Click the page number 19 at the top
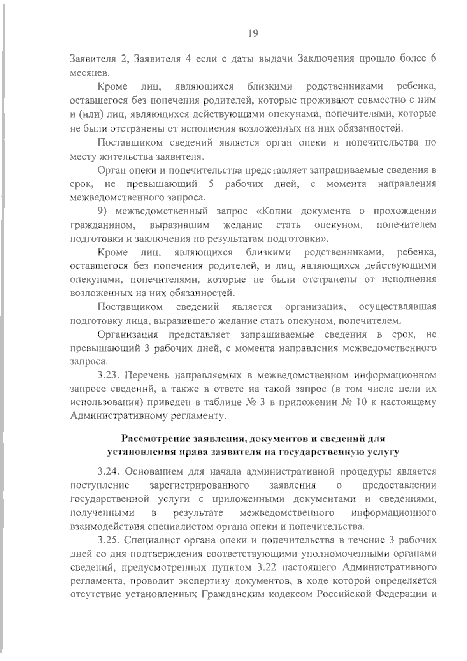coord(252,33)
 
